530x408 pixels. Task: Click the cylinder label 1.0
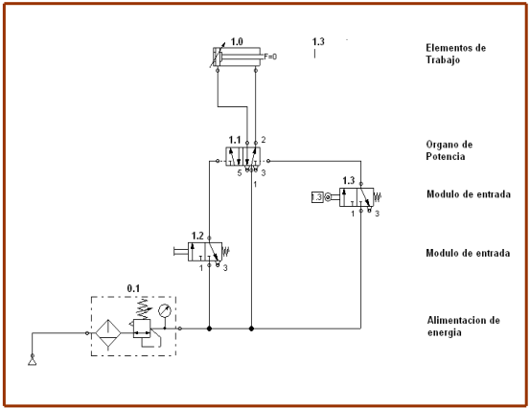pos(237,41)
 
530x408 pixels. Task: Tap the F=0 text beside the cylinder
pos(270,57)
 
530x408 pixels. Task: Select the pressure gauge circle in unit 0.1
pos(165,310)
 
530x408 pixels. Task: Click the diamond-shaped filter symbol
pos(108,332)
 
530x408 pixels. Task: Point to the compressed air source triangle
pos(33,362)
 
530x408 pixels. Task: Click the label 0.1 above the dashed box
pos(133,288)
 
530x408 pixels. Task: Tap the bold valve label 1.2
pos(197,236)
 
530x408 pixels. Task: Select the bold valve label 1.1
pos(235,140)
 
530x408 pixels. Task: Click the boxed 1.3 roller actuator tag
pos(316,197)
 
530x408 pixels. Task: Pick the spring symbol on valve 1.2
pos(226,251)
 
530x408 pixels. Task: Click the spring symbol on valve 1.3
pos(378,197)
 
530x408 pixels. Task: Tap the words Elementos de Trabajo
pos(455,54)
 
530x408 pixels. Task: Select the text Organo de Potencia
pos(449,150)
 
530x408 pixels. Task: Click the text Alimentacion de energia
pos(463,327)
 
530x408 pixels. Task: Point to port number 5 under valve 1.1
pos(240,173)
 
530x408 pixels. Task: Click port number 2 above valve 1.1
pos(264,140)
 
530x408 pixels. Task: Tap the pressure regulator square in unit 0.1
pos(142,329)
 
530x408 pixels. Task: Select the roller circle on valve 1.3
pos(328,197)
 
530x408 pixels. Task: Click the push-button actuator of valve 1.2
pos(181,251)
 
